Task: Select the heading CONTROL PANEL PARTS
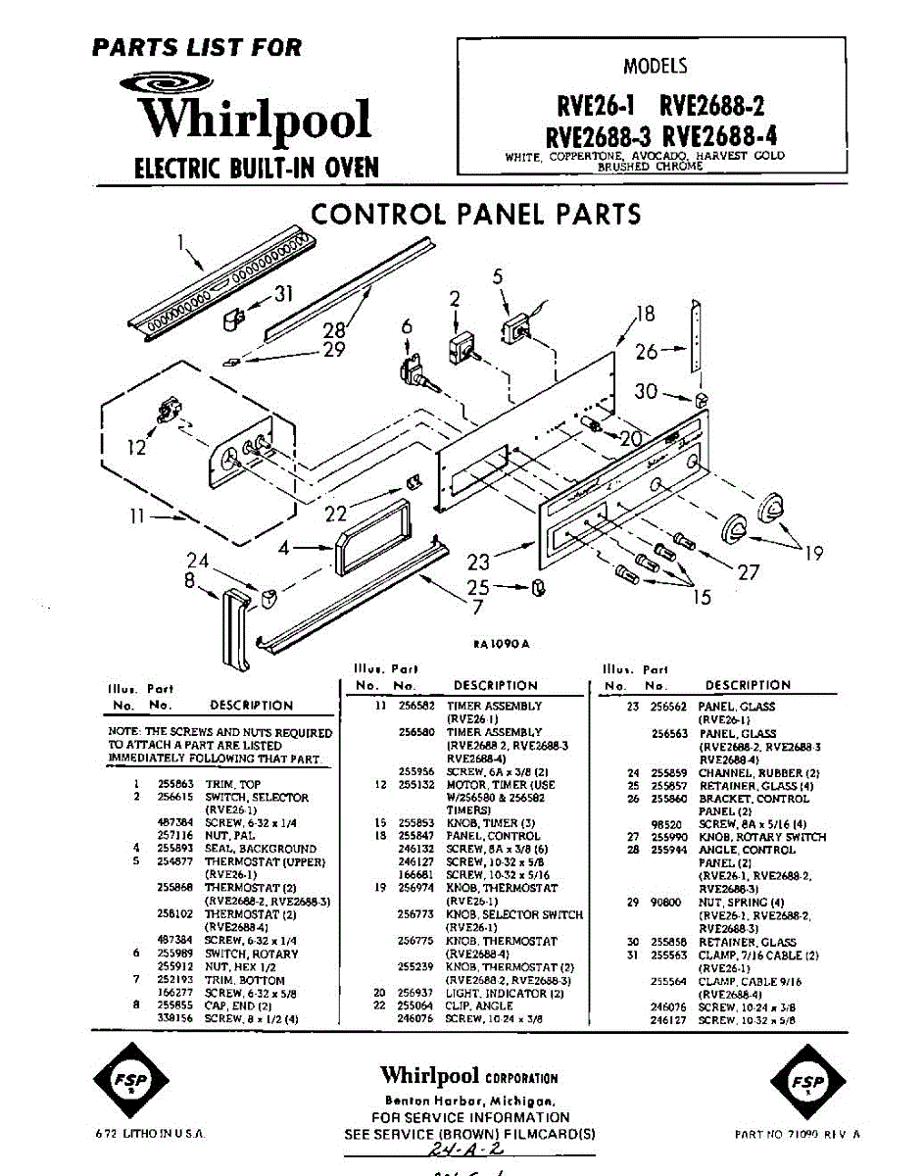click(x=475, y=214)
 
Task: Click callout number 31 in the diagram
click(x=283, y=293)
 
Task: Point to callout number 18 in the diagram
click(x=644, y=314)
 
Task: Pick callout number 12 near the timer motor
click(x=136, y=447)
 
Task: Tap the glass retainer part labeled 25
click(x=537, y=588)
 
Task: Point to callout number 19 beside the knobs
click(x=813, y=554)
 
